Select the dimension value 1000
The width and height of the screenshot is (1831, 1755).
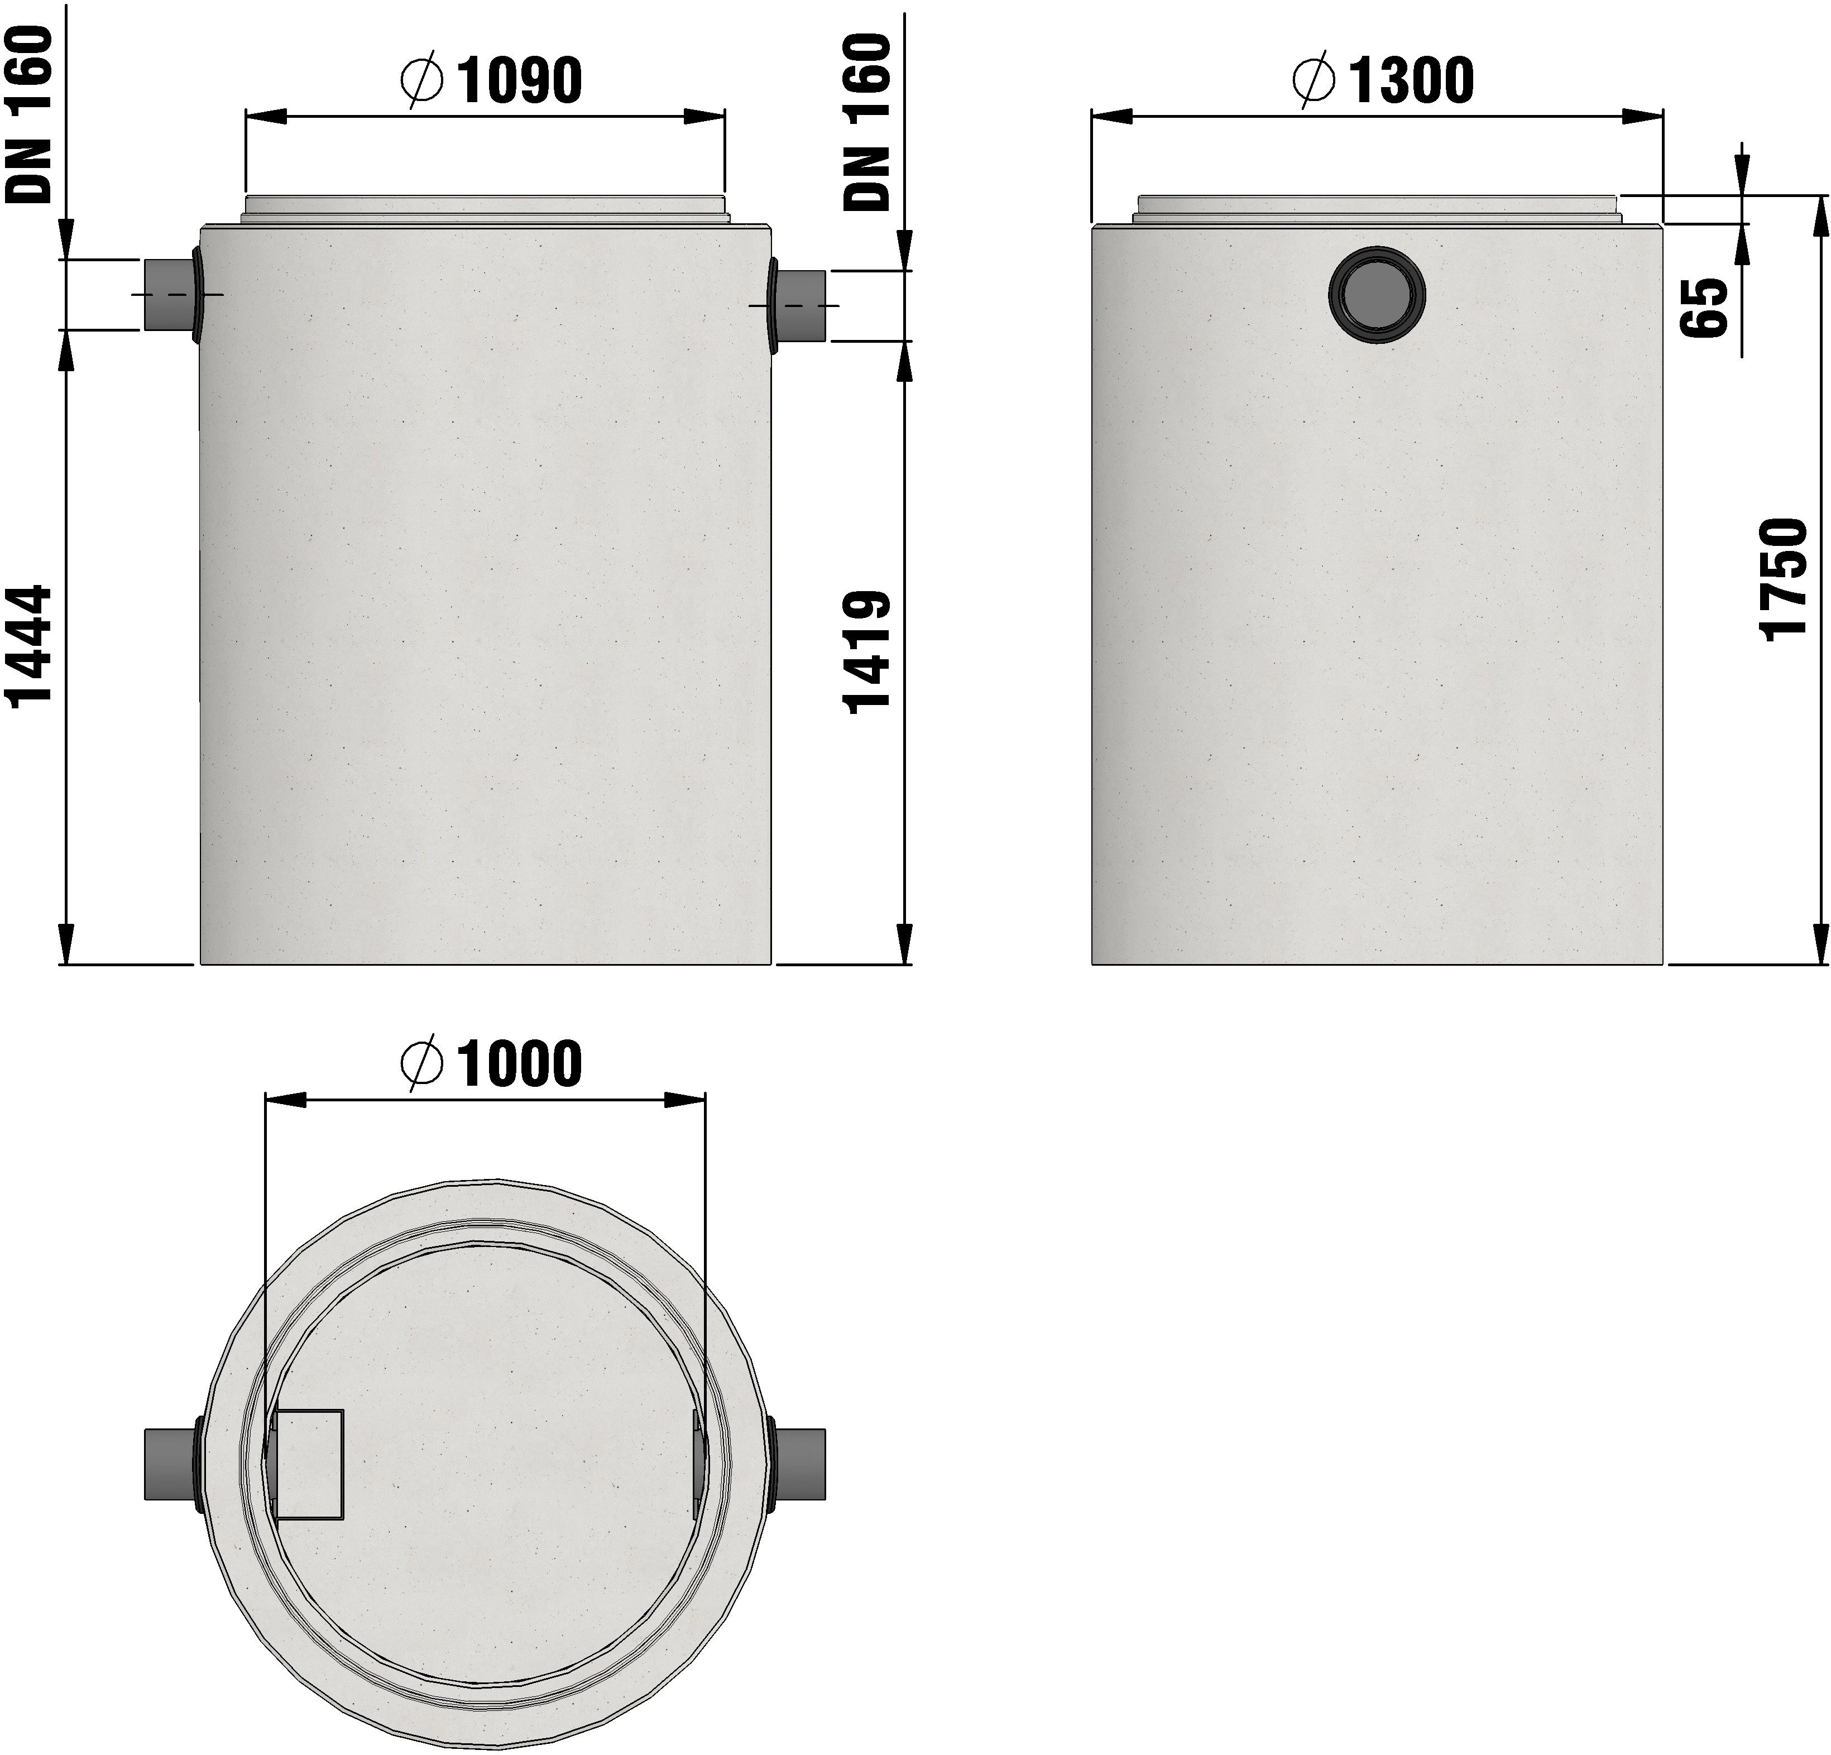pyautogui.click(x=519, y=1064)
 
